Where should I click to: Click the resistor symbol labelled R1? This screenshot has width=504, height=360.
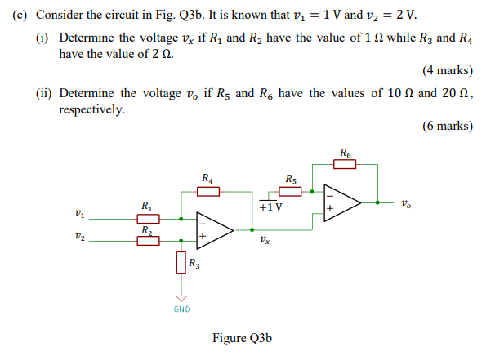pyautogui.click(x=148, y=218)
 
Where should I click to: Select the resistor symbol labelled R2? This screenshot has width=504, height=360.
pyautogui.click(x=148, y=241)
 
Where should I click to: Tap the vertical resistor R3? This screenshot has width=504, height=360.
pyautogui.click(x=181, y=263)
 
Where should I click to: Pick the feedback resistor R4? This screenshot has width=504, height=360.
pyautogui.click(x=208, y=191)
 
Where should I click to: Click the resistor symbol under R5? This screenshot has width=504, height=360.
pyautogui.click(x=291, y=191)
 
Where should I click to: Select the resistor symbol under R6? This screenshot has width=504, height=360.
pyautogui.click(x=345, y=163)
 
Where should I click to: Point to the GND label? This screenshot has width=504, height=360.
pyautogui.click(x=181, y=309)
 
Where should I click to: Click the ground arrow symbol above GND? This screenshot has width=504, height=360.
pyautogui.click(x=181, y=298)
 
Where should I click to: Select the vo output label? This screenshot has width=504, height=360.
pyautogui.click(x=407, y=202)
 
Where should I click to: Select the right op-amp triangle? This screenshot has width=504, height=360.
pyautogui.click(x=343, y=202)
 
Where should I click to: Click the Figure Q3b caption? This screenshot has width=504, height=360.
pyautogui.click(x=242, y=338)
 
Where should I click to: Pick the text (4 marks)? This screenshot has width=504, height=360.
pyautogui.click(x=447, y=71)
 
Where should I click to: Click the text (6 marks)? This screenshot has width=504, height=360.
pyautogui.click(x=447, y=126)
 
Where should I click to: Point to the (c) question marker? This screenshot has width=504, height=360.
pyautogui.click(x=20, y=16)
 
